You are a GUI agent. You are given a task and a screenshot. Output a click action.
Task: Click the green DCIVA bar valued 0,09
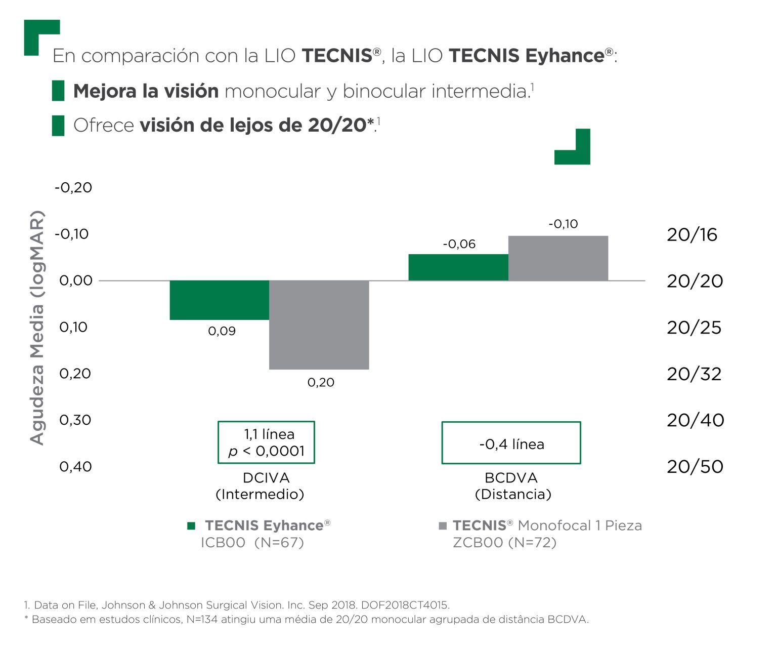click(219, 300)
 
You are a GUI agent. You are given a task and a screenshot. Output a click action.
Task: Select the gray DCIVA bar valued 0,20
click(319, 325)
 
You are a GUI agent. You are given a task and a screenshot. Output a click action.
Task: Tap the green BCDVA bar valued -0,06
click(458, 267)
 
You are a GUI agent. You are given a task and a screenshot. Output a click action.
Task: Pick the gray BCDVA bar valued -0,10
click(558, 258)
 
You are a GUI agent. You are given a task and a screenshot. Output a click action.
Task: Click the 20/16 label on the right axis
click(692, 235)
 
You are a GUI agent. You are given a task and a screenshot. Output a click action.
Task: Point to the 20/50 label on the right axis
click(695, 467)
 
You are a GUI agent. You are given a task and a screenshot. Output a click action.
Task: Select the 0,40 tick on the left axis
click(75, 467)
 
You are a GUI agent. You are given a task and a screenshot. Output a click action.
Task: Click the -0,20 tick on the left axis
click(73, 188)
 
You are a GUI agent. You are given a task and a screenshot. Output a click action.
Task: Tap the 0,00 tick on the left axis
click(76, 281)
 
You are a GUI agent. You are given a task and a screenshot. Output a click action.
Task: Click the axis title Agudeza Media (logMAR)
click(37, 328)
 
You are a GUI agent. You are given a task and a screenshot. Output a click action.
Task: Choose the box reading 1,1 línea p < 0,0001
click(266, 442)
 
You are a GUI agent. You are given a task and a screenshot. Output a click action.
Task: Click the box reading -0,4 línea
click(511, 443)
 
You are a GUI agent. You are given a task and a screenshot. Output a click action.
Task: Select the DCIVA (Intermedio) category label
click(260, 486)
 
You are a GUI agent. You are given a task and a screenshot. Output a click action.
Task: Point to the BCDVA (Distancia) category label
click(512, 486)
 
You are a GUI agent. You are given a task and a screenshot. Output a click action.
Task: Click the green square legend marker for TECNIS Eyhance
click(191, 526)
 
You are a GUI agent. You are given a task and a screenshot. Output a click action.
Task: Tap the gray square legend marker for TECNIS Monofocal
click(443, 526)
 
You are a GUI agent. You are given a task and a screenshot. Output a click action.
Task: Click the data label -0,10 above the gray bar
click(563, 224)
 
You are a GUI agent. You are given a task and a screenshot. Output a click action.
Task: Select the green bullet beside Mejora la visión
click(58, 91)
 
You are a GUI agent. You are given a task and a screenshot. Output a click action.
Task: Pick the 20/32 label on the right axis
click(694, 374)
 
